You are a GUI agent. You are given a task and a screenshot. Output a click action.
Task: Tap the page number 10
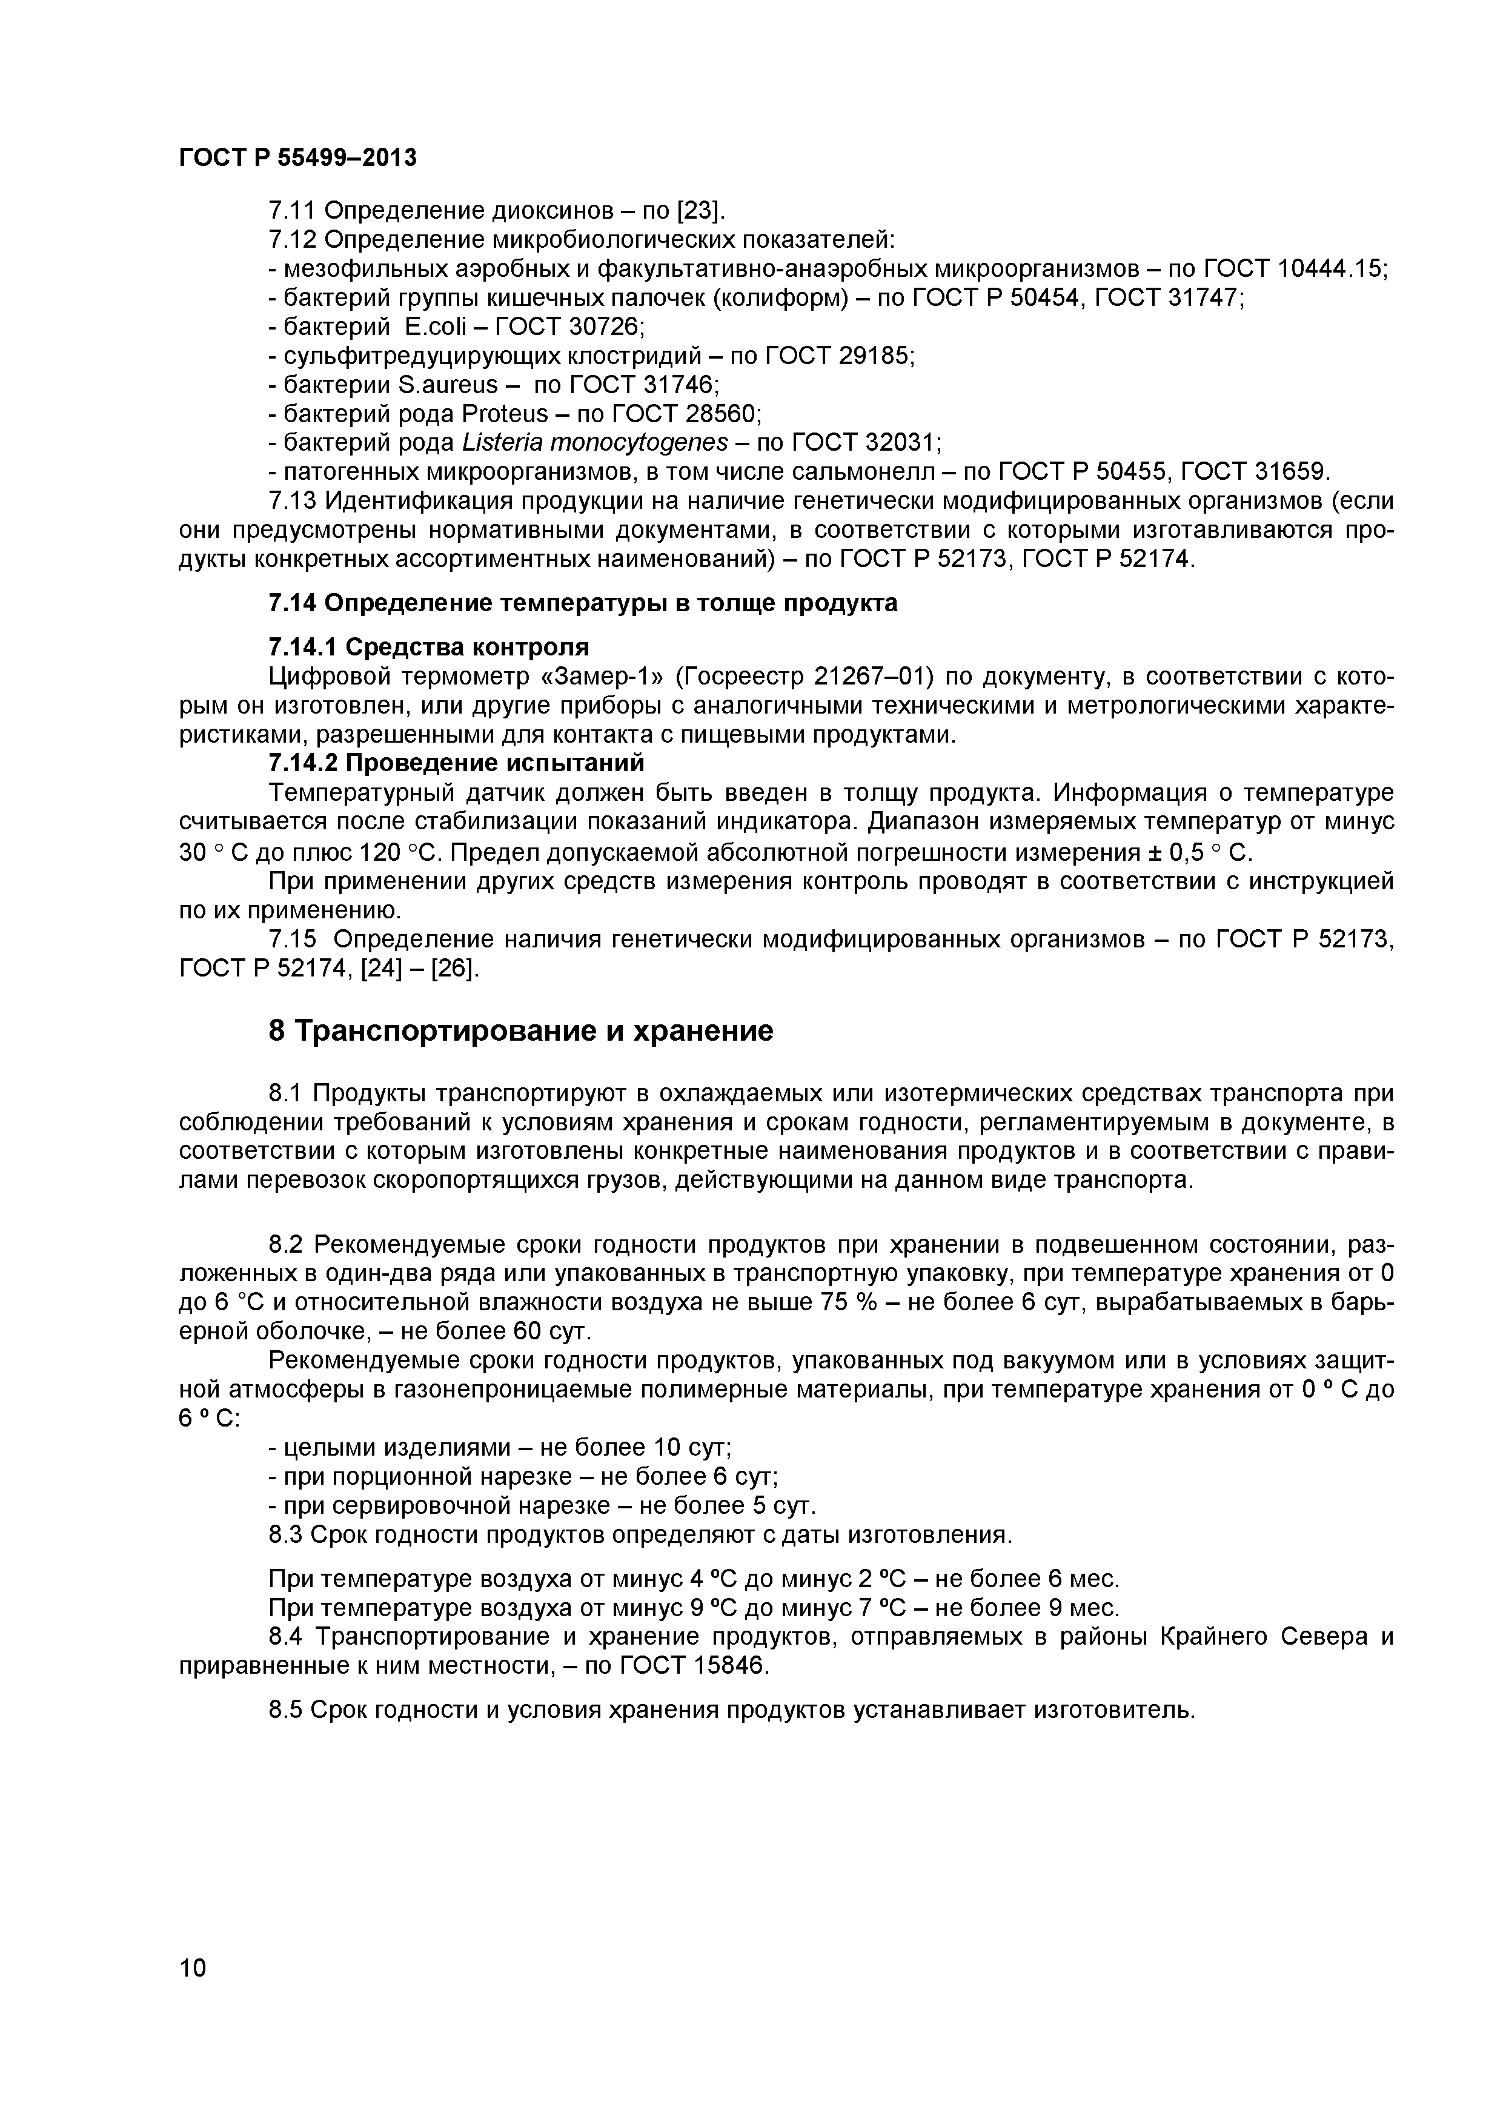[x=193, y=1993]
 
